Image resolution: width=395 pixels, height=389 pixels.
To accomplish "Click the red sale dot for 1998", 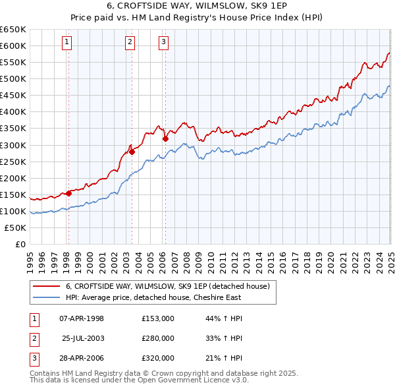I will (x=68, y=193).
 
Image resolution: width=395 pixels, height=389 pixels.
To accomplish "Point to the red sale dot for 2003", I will (x=132, y=152).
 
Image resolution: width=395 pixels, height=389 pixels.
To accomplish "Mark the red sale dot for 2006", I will (x=165, y=138).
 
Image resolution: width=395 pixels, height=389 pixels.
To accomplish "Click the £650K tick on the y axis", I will (x=13, y=30).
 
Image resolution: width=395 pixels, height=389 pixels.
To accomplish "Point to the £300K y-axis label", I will (x=13, y=145).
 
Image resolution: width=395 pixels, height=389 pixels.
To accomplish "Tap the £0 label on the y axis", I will (x=20, y=244).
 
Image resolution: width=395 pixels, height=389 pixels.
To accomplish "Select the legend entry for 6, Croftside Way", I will (x=168, y=286).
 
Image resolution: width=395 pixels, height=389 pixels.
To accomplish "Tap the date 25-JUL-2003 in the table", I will (x=83, y=338).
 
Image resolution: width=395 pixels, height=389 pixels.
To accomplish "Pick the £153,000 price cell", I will (x=158, y=318).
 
